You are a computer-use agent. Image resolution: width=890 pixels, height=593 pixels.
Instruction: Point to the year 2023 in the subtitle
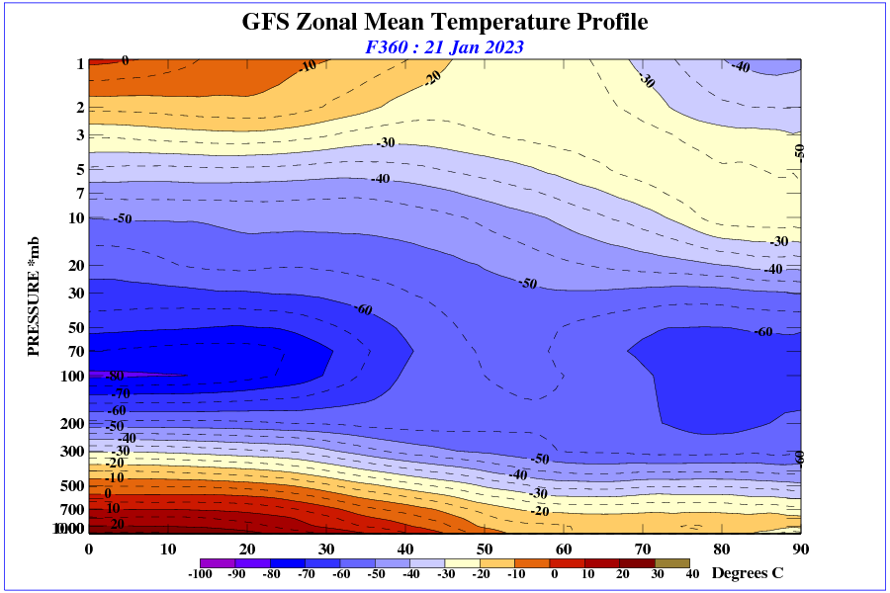pyautogui.click(x=502, y=46)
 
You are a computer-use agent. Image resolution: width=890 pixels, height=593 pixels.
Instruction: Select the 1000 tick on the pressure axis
pyautogui.click(x=70, y=530)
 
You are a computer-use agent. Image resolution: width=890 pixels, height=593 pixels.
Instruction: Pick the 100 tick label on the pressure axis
pyautogui.click(x=73, y=376)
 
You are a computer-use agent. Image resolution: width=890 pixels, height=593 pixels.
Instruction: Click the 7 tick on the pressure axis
pyautogui.click(x=80, y=192)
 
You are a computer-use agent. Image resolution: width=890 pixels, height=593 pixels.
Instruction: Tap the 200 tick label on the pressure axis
pyautogui.click(x=73, y=423)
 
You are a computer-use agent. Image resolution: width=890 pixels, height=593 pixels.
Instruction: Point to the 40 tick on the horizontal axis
pyautogui.click(x=405, y=549)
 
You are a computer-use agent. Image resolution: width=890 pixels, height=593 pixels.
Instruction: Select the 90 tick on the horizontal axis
pyautogui.click(x=801, y=549)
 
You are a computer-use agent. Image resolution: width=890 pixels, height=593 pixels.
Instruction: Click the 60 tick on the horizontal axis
pyautogui.click(x=564, y=549)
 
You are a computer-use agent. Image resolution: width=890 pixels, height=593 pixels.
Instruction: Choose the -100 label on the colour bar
pyautogui.click(x=200, y=574)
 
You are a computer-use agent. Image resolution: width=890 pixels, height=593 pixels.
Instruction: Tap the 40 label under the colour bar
pyautogui.click(x=692, y=574)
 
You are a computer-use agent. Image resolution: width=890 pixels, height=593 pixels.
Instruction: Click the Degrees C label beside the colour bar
pyautogui.click(x=748, y=573)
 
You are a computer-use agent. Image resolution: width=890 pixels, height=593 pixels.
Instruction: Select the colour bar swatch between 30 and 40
pyautogui.click(x=671, y=562)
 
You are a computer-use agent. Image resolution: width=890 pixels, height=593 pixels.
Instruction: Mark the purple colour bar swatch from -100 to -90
pyautogui.click(x=218, y=562)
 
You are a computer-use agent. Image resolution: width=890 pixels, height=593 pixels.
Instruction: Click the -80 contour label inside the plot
pyautogui.click(x=114, y=377)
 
